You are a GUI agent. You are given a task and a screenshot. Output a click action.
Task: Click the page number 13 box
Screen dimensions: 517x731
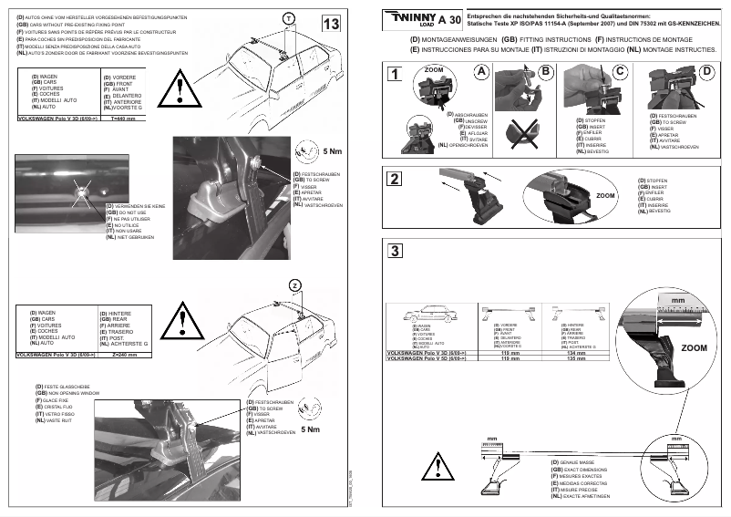(x=333, y=24)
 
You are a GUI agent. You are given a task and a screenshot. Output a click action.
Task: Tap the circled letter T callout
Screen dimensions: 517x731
(x=288, y=19)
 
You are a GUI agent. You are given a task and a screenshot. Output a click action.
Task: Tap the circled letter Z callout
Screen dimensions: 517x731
(x=294, y=285)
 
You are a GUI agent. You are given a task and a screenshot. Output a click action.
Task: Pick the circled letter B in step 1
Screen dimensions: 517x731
(x=546, y=71)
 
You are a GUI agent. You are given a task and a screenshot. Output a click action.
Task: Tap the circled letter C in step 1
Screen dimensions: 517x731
(x=620, y=71)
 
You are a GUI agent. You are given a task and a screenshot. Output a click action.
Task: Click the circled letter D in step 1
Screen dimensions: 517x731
(x=707, y=71)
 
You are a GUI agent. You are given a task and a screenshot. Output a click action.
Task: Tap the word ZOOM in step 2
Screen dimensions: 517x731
(x=605, y=195)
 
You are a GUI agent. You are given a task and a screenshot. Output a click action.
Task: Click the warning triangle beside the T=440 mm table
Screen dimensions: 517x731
(x=182, y=90)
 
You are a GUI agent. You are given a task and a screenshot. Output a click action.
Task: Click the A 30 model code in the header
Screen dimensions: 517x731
(x=448, y=19)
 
